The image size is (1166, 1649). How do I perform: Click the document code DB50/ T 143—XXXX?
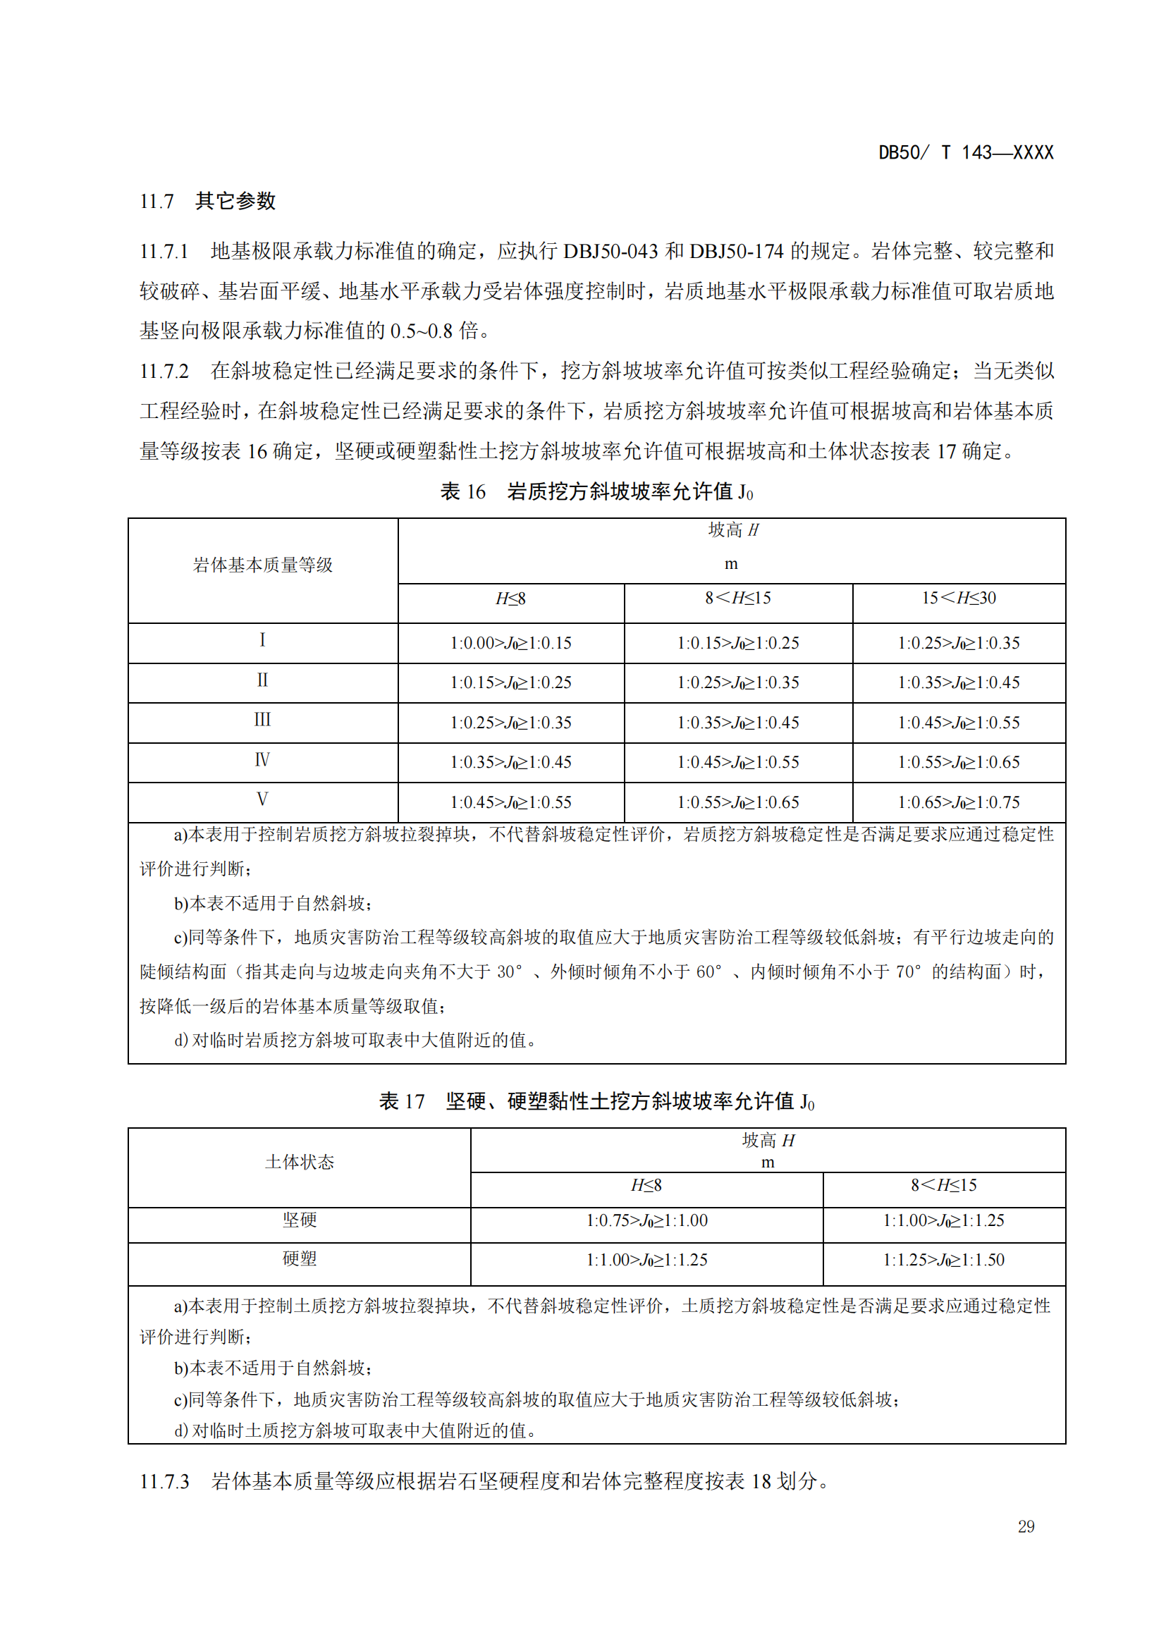click(966, 152)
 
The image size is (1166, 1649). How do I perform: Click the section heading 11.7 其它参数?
click(207, 201)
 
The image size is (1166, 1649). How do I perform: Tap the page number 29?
click(1026, 1526)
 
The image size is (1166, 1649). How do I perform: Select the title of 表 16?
click(596, 492)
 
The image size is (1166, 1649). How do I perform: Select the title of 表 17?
click(596, 1101)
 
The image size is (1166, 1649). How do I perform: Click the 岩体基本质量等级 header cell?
click(263, 565)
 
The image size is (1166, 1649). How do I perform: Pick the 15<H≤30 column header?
click(959, 599)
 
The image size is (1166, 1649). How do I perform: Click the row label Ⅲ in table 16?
click(263, 720)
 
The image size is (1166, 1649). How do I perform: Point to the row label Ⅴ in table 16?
click(263, 799)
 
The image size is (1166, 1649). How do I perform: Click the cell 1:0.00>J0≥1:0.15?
click(510, 643)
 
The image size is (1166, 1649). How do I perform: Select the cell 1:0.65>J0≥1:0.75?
click(959, 802)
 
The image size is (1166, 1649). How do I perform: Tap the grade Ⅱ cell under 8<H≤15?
click(738, 682)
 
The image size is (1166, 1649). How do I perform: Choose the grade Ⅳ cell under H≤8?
click(510, 762)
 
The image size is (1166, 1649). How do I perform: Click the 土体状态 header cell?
click(300, 1162)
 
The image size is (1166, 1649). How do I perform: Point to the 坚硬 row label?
click(300, 1220)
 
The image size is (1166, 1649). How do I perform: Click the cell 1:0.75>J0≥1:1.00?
click(646, 1220)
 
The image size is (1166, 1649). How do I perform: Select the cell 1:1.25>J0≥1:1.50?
click(943, 1260)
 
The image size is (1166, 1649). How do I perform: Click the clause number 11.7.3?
click(164, 1482)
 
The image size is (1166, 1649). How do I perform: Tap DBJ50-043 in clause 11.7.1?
click(610, 252)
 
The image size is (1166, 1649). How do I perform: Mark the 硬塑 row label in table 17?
click(300, 1259)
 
